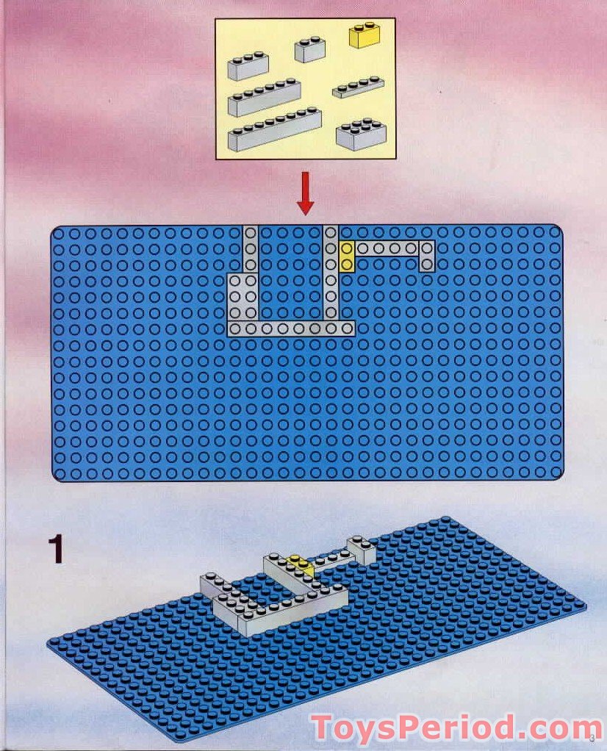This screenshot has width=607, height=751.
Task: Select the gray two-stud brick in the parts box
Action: (310, 50)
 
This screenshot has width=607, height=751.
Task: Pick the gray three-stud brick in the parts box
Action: (248, 65)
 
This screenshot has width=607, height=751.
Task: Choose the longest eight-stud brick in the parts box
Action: (274, 129)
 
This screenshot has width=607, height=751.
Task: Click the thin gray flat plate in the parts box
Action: (358, 87)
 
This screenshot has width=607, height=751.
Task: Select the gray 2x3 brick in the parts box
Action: (361, 135)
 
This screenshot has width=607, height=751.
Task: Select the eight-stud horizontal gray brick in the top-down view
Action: (291, 328)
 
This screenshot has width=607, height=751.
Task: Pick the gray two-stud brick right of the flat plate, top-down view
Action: (427, 256)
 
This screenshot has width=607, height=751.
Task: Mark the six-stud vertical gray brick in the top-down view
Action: (331, 273)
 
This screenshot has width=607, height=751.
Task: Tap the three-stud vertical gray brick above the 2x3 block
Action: (251, 249)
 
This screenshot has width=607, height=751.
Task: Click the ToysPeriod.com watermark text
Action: (446, 729)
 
